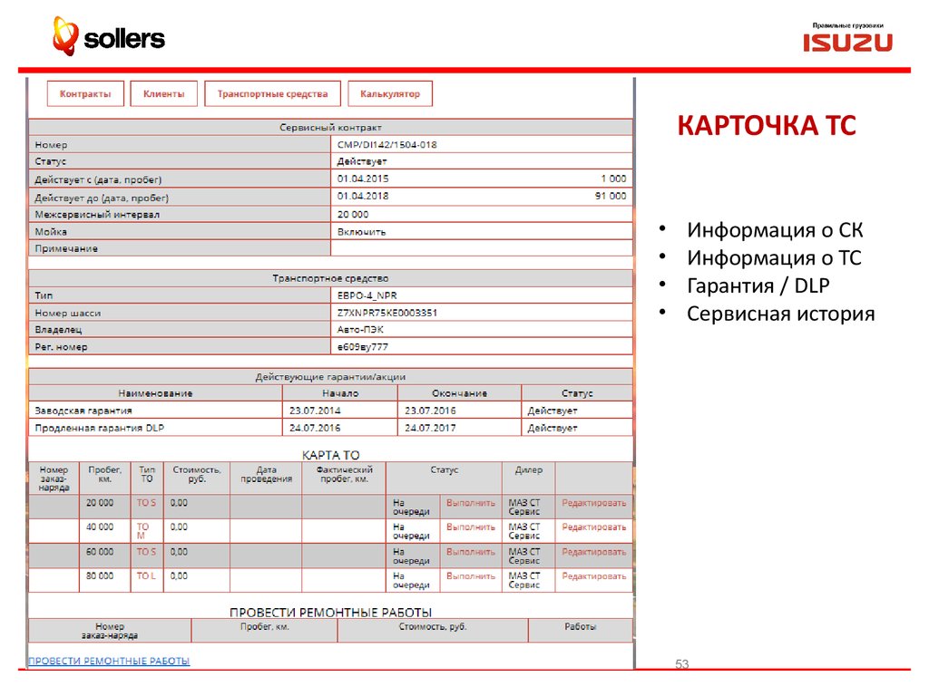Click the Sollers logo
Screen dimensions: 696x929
(x=108, y=38)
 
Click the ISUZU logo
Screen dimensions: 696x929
(x=846, y=42)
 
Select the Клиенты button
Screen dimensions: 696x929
(x=163, y=93)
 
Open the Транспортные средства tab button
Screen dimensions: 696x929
(x=272, y=93)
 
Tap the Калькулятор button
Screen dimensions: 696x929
(x=390, y=93)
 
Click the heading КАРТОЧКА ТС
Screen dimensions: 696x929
(x=767, y=125)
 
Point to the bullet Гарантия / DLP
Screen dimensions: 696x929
(x=758, y=285)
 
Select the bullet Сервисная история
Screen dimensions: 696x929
(x=780, y=314)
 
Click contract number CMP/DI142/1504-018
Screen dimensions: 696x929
(x=387, y=145)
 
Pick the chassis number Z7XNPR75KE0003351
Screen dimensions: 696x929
(x=387, y=313)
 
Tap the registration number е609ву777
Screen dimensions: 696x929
(x=363, y=347)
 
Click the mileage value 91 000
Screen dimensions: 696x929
(x=610, y=197)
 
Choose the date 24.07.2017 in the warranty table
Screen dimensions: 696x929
(x=430, y=428)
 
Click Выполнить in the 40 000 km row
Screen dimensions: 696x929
(x=471, y=527)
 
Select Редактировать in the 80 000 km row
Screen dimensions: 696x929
(x=593, y=575)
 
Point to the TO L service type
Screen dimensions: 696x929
(x=146, y=575)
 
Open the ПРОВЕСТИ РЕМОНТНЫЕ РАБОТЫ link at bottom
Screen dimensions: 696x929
(x=110, y=661)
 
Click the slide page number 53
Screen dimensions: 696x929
(x=682, y=665)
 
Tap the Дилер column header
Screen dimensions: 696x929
(x=528, y=470)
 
